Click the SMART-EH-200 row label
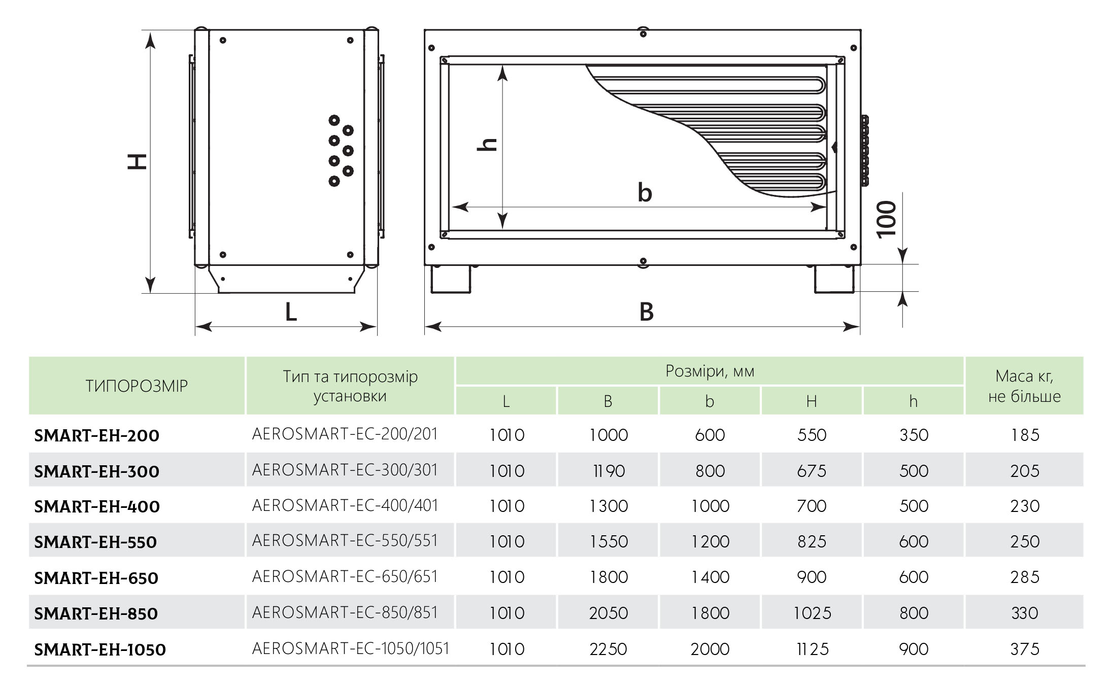click(96, 435)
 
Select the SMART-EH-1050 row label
click(100, 649)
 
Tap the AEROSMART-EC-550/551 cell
click(345, 540)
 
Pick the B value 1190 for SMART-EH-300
click(608, 471)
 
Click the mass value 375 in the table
click(1024, 649)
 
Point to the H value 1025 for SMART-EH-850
click(812, 613)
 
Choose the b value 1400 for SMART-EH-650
click(710, 577)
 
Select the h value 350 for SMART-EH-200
click(914, 435)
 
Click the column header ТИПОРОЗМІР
click(137, 386)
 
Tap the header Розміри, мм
click(710, 371)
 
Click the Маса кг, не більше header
click(1024, 386)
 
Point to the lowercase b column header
click(710, 401)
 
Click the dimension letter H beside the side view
click(137, 161)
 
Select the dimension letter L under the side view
click(290, 312)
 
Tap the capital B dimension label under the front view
click(646, 312)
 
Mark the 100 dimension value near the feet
click(887, 219)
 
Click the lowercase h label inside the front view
click(487, 145)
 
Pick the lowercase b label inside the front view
click(645, 193)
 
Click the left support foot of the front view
click(451, 279)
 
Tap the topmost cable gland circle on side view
click(334, 120)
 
